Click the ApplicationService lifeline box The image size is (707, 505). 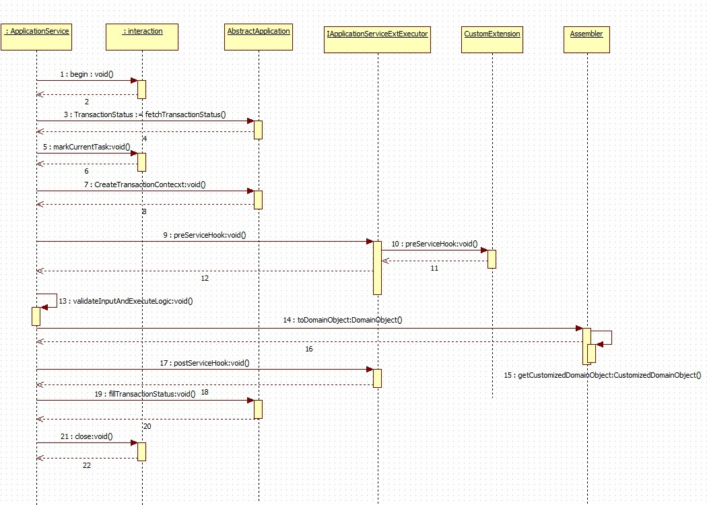coord(36,36)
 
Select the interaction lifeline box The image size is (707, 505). coord(143,36)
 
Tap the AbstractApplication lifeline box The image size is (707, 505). coord(259,36)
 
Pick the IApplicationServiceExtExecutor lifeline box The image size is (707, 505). coord(377,38)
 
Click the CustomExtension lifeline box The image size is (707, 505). coord(492,38)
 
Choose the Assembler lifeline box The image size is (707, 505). coord(586,38)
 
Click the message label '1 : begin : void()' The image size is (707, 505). coord(87,74)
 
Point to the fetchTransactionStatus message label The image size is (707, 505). coord(149,114)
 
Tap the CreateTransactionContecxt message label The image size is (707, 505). coord(145,184)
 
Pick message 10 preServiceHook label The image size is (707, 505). coord(434,244)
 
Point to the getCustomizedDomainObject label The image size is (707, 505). coord(603,375)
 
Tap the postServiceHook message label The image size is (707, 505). coord(205,363)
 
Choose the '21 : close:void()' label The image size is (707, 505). coord(86,436)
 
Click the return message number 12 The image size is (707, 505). coord(205,277)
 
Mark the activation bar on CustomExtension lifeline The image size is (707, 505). coord(492,259)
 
